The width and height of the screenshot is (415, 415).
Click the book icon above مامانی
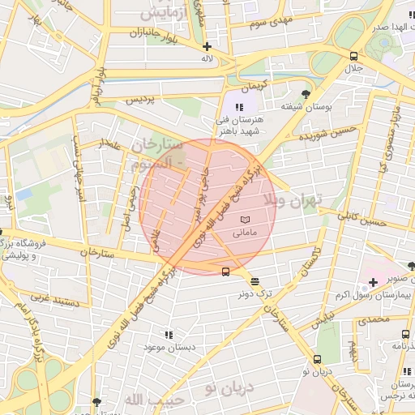click(x=246, y=220)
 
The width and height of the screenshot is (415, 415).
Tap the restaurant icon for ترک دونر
click(x=256, y=282)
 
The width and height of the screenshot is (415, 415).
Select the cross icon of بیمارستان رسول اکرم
click(x=373, y=282)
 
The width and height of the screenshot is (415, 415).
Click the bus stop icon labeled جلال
click(x=353, y=56)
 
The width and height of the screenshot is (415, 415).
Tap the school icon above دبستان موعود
click(x=169, y=334)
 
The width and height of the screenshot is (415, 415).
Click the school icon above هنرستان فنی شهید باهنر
click(x=238, y=107)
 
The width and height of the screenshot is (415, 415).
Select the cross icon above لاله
click(x=207, y=46)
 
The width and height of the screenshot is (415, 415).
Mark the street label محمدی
click(x=374, y=320)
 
